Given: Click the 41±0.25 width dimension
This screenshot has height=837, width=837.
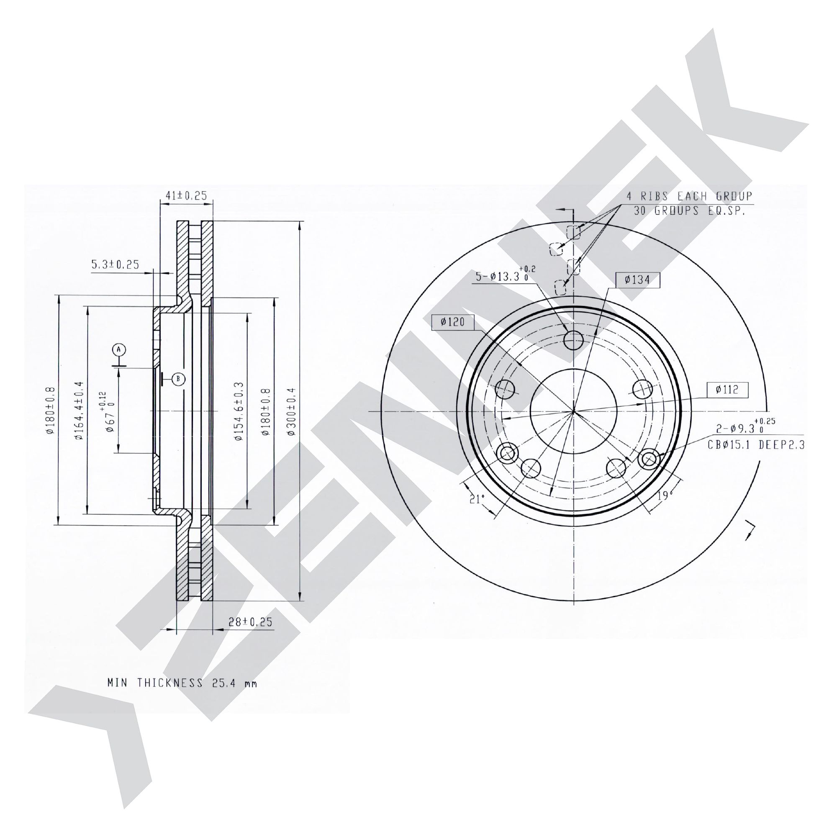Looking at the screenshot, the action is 187,196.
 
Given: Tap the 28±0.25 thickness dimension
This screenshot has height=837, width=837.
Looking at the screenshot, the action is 250,622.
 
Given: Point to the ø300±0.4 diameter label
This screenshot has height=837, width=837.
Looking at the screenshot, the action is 291,411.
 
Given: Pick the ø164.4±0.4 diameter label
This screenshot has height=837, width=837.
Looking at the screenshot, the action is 78,411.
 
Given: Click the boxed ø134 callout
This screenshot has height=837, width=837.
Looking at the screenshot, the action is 638,280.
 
